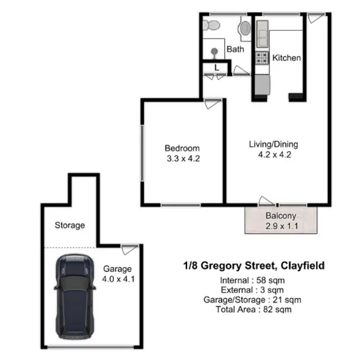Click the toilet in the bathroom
[x=211, y=26]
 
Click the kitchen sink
[x=261, y=34]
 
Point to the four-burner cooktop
[x=262, y=58]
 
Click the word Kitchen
[x=286, y=57]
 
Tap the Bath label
[x=235, y=49]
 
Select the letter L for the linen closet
[x=217, y=69]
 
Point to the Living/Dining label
[x=274, y=144]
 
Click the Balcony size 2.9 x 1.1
[x=281, y=226]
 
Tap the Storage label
[x=70, y=225]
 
